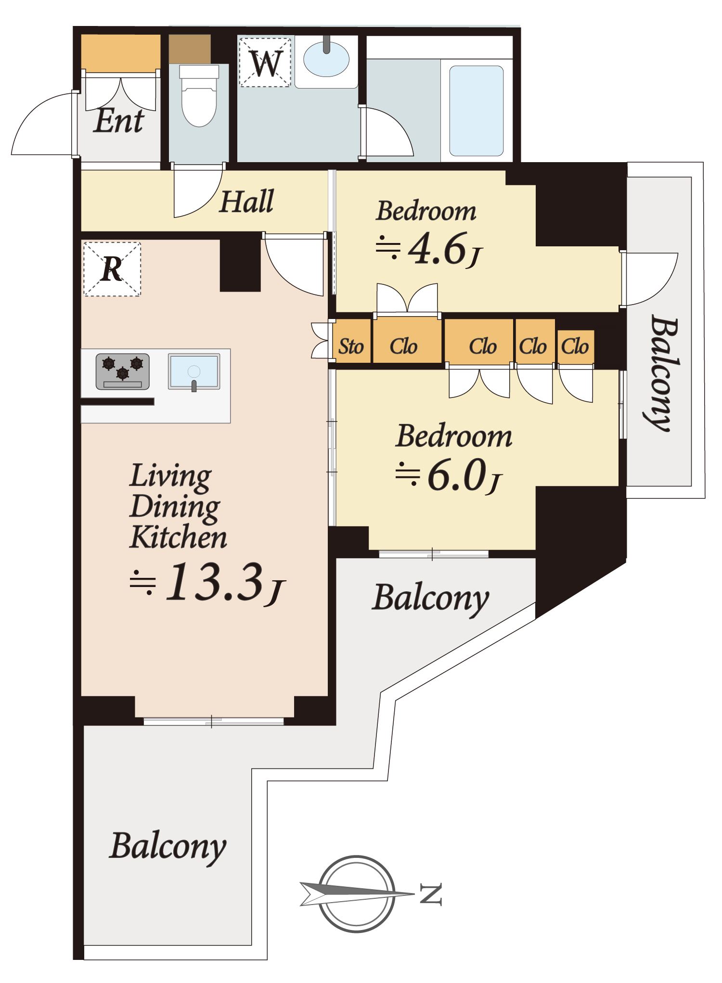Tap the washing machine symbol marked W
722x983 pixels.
(x=265, y=63)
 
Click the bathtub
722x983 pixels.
(x=477, y=111)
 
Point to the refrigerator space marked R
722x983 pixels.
(x=112, y=269)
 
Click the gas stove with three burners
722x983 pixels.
(x=123, y=371)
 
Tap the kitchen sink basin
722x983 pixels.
(x=194, y=371)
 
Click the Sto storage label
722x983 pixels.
(x=351, y=346)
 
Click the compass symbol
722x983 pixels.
(x=357, y=894)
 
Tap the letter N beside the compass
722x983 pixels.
(x=431, y=894)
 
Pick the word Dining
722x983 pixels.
(x=175, y=507)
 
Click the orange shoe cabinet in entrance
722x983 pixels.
(x=120, y=52)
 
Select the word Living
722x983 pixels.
(x=171, y=476)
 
